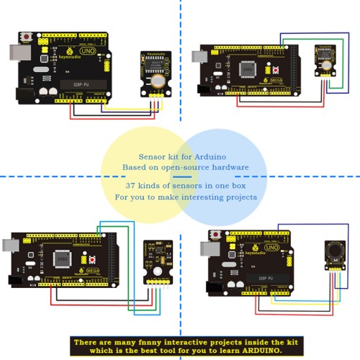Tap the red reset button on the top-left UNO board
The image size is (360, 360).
pyautogui.click(x=27, y=37)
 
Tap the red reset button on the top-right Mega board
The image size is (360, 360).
pyautogui.click(x=275, y=70)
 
